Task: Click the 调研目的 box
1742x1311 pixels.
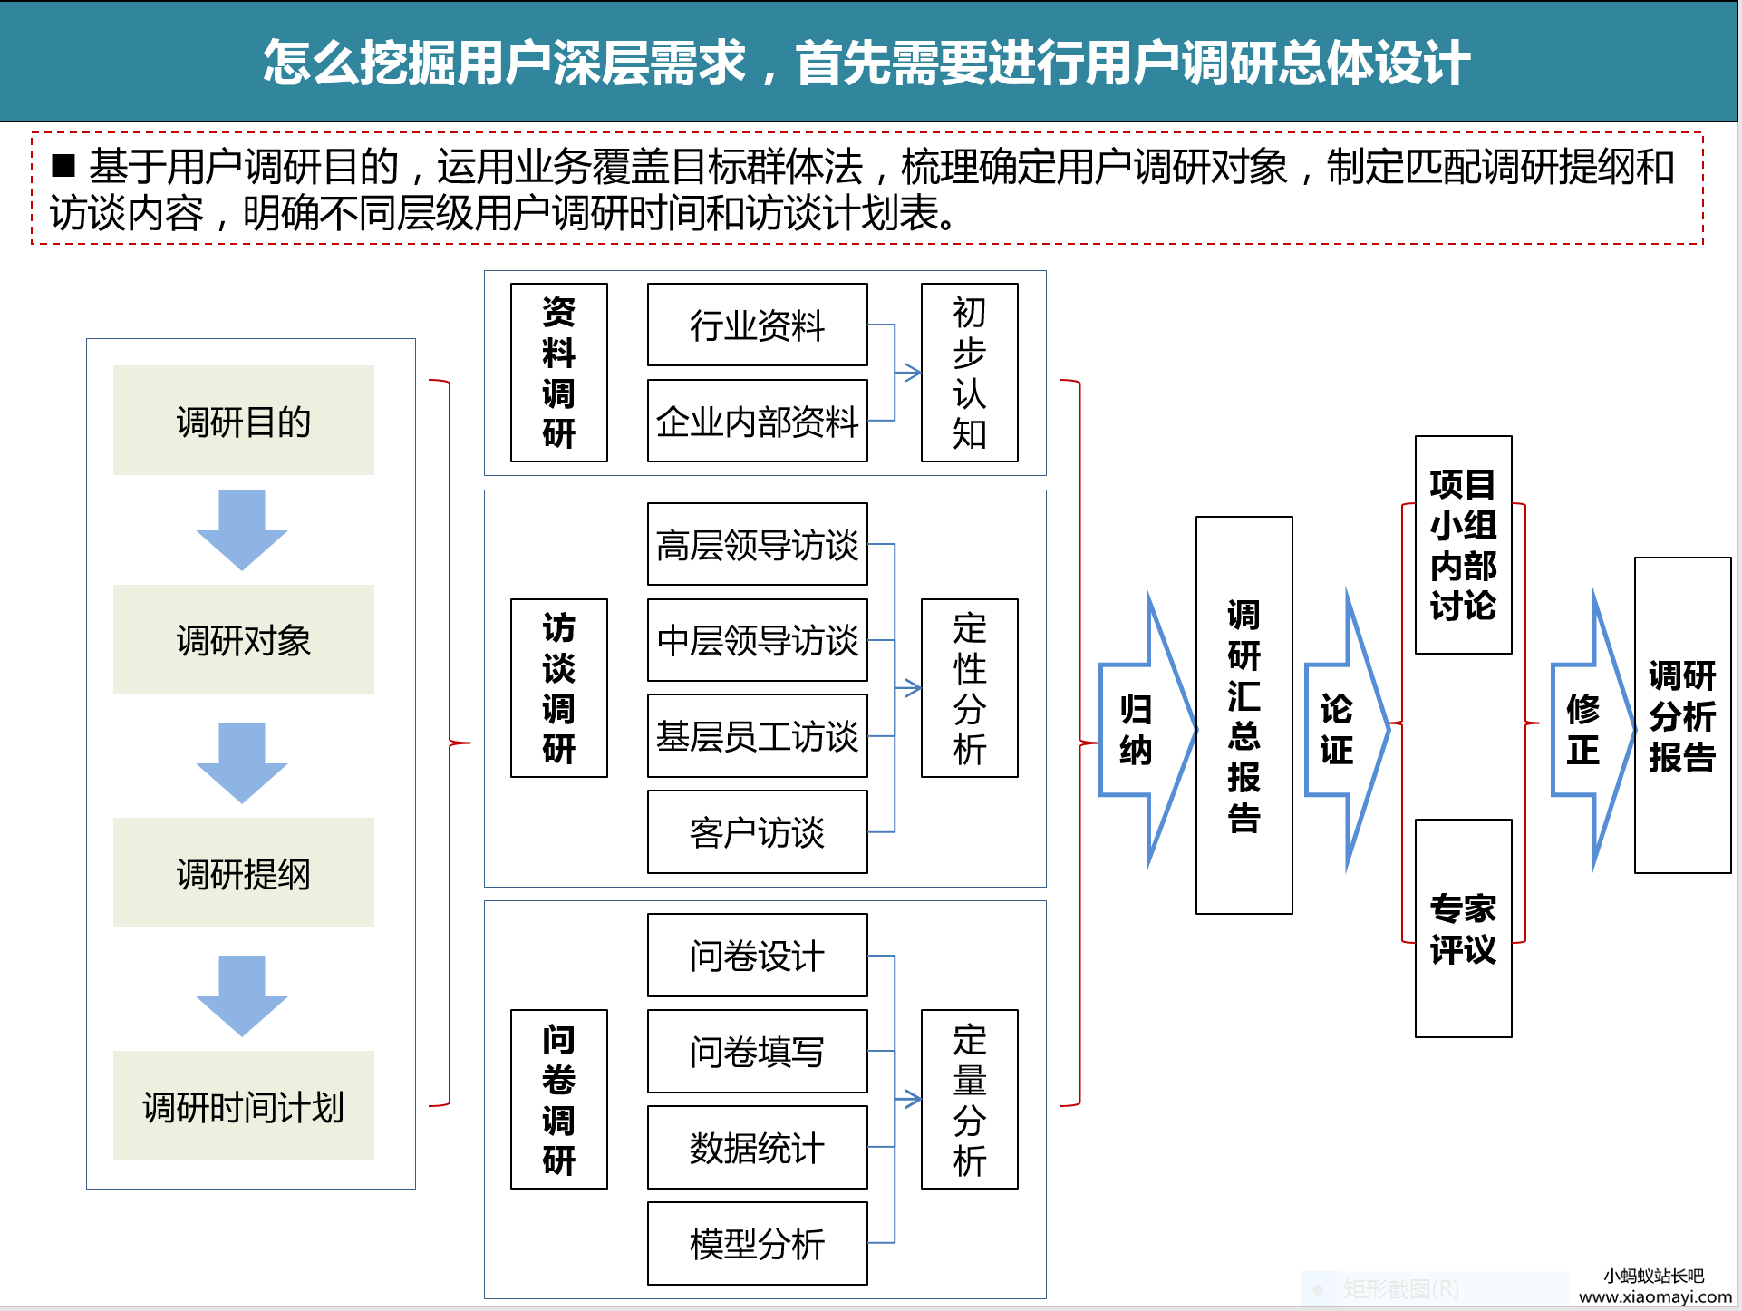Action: [243, 421]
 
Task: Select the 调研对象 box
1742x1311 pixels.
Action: [243, 640]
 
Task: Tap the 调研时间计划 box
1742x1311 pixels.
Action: [243, 1106]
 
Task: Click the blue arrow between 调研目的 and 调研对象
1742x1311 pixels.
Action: [242, 529]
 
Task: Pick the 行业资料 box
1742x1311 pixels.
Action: [757, 325]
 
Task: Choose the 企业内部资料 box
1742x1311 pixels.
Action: [757, 422]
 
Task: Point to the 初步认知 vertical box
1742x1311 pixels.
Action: [969, 373]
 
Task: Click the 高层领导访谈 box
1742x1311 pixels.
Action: [757, 545]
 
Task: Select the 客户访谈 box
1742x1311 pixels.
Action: [757, 832]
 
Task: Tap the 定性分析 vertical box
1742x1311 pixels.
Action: [969, 688]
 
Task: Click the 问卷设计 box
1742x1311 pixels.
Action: [757, 956]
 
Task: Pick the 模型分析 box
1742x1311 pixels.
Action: [757, 1244]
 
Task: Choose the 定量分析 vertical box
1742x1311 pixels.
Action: [969, 1100]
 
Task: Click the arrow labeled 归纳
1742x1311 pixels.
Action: [1145, 730]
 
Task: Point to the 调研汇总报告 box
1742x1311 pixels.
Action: [1244, 715]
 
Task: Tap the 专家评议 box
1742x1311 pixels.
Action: [1463, 928]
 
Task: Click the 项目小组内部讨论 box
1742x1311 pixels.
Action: [1463, 545]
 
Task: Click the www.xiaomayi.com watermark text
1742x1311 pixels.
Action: [1655, 1296]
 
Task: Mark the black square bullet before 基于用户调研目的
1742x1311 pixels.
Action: [63, 165]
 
